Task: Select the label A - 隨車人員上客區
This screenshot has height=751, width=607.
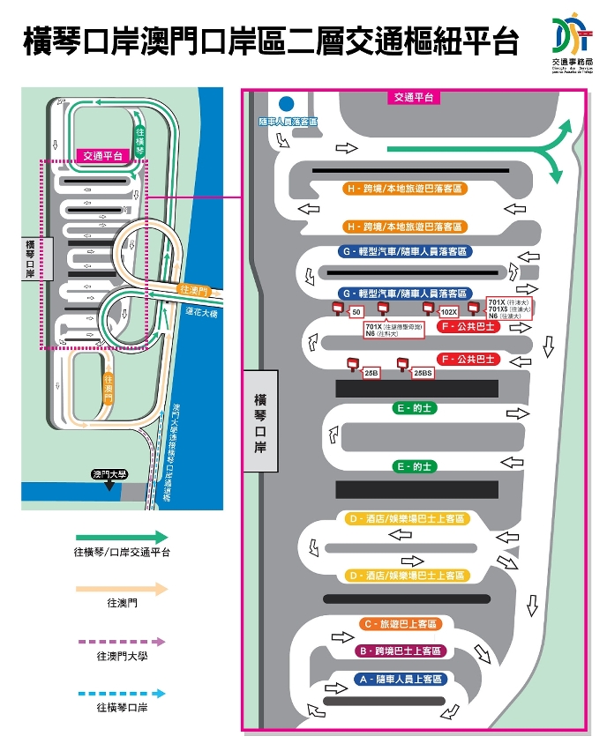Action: (x=401, y=680)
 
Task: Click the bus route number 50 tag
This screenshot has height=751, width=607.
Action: (x=356, y=312)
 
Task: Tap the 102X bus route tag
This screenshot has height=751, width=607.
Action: (x=449, y=312)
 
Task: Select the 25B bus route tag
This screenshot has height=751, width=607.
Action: (x=371, y=373)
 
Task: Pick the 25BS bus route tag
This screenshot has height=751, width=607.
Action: (x=423, y=373)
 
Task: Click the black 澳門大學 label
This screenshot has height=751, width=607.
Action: (x=109, y=474)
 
